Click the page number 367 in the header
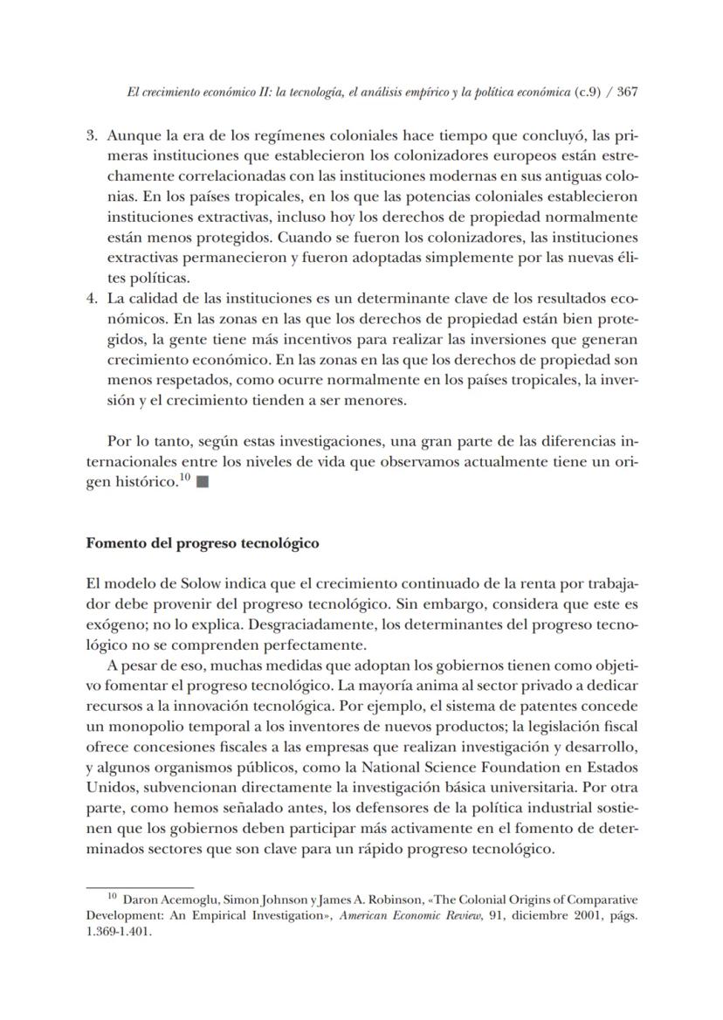pos(627,93)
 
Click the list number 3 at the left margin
pos(92,136)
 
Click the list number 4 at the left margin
pos(92,299)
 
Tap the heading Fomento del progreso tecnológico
pos(203,543)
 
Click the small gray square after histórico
pos(203,482)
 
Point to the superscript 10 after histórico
pos(184,478)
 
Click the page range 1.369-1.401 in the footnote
pos(119,931)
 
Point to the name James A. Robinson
pos(368,899)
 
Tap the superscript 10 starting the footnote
pos(112,897)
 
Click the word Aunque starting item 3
pos(129,136)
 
